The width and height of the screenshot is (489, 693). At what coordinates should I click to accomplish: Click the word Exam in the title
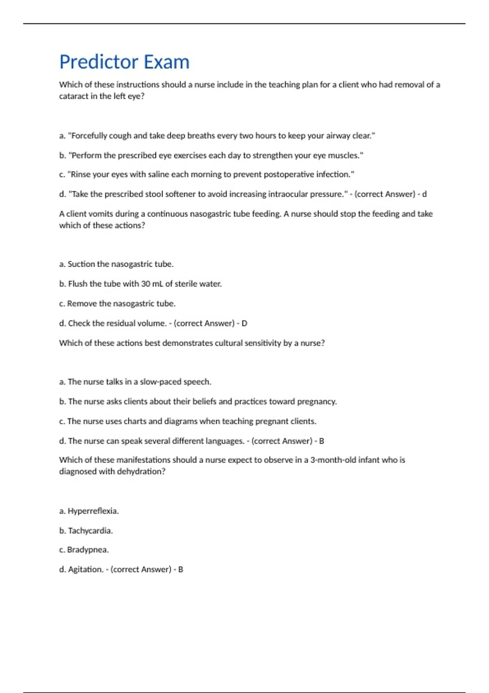coord(167,62)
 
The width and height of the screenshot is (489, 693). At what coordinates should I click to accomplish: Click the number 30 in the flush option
coord(145,284)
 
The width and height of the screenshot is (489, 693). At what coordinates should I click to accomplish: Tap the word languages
coord(225,441)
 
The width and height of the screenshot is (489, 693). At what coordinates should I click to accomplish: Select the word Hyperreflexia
coord(93,511)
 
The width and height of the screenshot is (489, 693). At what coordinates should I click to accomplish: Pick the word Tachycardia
coord(90,531)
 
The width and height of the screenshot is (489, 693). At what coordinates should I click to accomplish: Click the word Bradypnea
coord(88,550)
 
